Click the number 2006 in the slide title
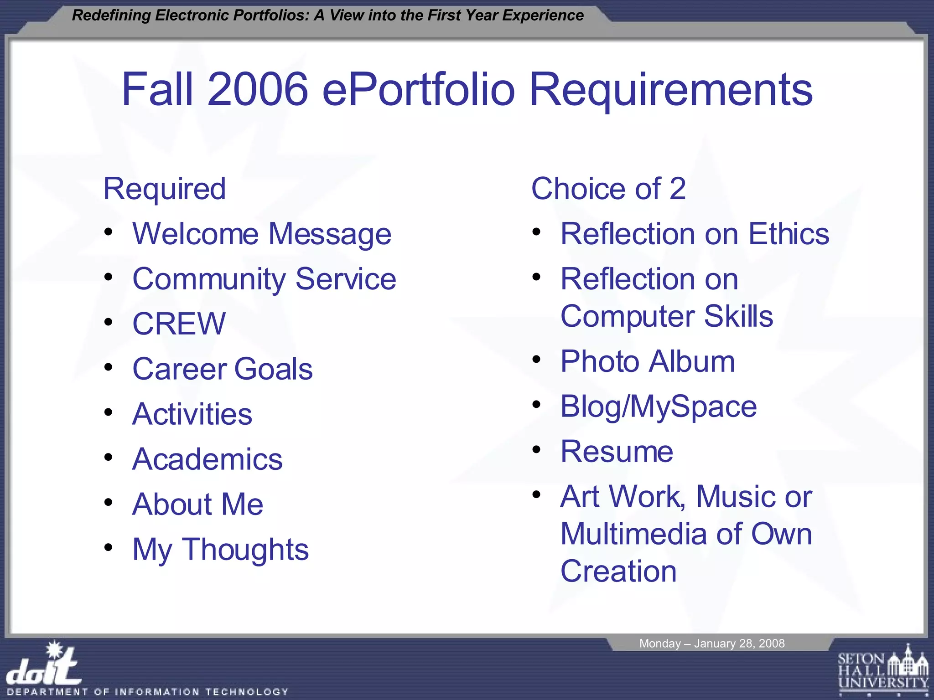(x=258, y=89)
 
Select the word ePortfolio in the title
(x=418, y=89)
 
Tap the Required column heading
(x=165, y=189)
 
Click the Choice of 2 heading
(x=608, y=189)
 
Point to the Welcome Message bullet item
(x=262, y=234)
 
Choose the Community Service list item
(x=264, y=279)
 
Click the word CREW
(x=179, y=324)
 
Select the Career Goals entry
(x=223, y=369)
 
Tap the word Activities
(x=192, y=414)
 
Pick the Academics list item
(x=208, y=459)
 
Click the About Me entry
(x=198, y=504)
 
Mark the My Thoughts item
(x=221, y=550)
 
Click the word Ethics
(x=789, y=234)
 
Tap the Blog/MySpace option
(x=659, y=407)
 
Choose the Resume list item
(x=617, y=452)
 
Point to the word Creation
(x=618, y=571)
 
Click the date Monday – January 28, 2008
(x=712, y=643)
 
